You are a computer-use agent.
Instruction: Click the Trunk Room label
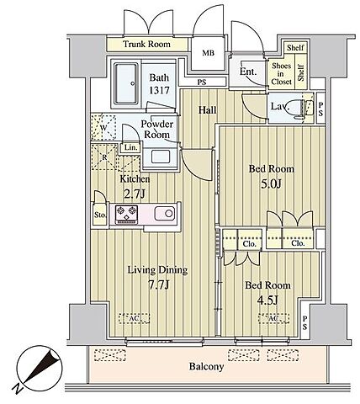[x=146, y=44]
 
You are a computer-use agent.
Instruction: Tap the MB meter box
[x=209, y=53]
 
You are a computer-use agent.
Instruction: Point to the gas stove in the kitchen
[x=126, y=215]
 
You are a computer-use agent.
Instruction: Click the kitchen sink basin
[x=165, y=214]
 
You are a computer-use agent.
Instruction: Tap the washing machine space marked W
[x=103, y=127]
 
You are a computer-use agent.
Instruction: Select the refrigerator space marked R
[x=103, y=157]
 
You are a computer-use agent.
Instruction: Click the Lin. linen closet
[x=130, y=147]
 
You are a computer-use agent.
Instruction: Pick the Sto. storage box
[x=100, y=215]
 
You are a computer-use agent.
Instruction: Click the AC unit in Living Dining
[x=134, y=318]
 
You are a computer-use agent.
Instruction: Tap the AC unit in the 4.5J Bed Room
[x=273, y=318]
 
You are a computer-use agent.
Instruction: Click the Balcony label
[x=206, y=366]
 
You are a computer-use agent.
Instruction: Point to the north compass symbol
[x=39, y=368]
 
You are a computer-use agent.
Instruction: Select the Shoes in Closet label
[x=282, y=74]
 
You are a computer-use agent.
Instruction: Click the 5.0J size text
[x=271, y=184]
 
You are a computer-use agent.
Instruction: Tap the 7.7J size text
[x=159, y=285]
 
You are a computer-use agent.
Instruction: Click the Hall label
[x=208, y=110]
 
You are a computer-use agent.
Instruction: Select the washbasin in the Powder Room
[x=161, y=157]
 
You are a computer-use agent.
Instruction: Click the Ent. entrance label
[x=248, y=72]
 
